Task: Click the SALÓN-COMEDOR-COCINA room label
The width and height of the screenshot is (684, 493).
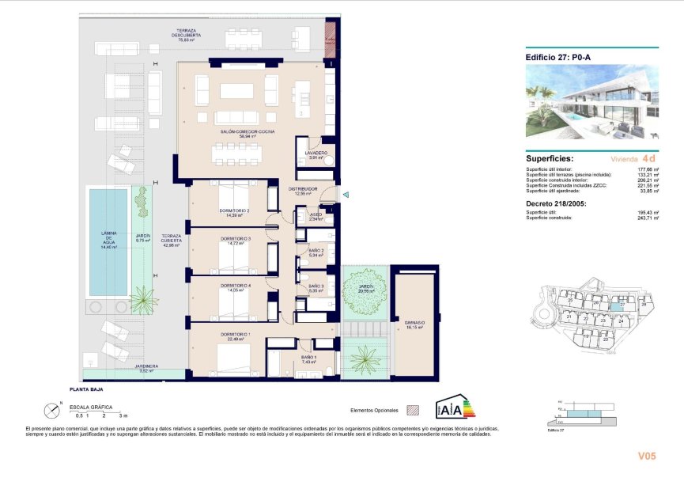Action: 248,131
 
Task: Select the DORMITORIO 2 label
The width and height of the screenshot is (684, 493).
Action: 235,211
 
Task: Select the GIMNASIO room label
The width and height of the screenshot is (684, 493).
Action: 414,324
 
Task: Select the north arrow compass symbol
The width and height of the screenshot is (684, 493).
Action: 51,410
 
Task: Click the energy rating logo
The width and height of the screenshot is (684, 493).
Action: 455,407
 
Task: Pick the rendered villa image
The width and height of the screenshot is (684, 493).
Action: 591,102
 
